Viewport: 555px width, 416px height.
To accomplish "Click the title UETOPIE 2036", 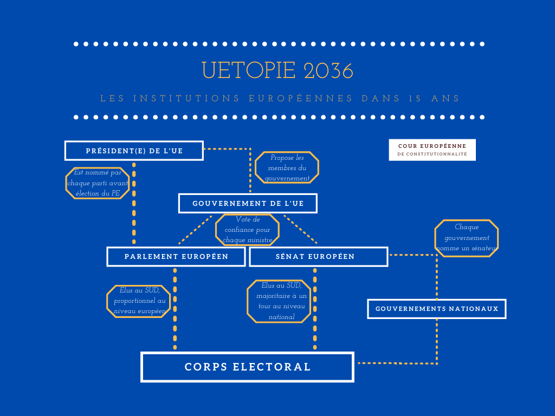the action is [x=277, y=70].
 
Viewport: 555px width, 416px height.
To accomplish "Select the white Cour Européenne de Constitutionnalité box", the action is [x=432, y=149].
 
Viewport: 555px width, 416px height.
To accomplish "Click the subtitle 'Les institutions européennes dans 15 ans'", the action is [x=280, y=99].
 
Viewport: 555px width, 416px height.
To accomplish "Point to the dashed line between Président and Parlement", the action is [x=134, y=203].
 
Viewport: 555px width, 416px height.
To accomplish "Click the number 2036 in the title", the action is [x=328, y=71].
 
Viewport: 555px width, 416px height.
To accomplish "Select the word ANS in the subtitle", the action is [x=446, y=99].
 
